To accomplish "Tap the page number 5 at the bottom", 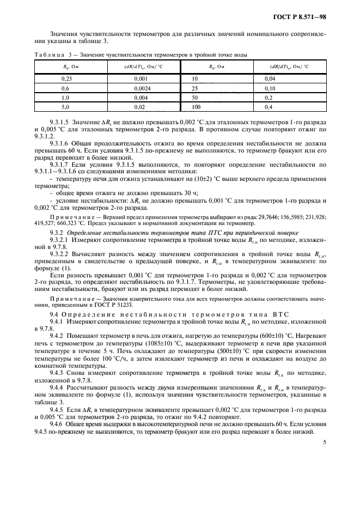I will coord(324,444).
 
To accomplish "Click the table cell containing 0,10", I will coord(275,88).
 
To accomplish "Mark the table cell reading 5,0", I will coord(66,107).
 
